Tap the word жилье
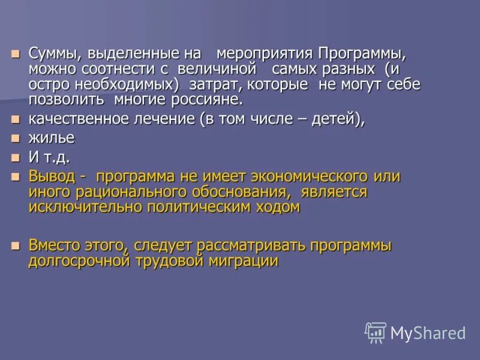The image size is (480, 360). tap(51, 138)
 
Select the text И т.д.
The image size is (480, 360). tap(49, 158)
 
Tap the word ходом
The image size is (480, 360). tap(277, 208)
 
